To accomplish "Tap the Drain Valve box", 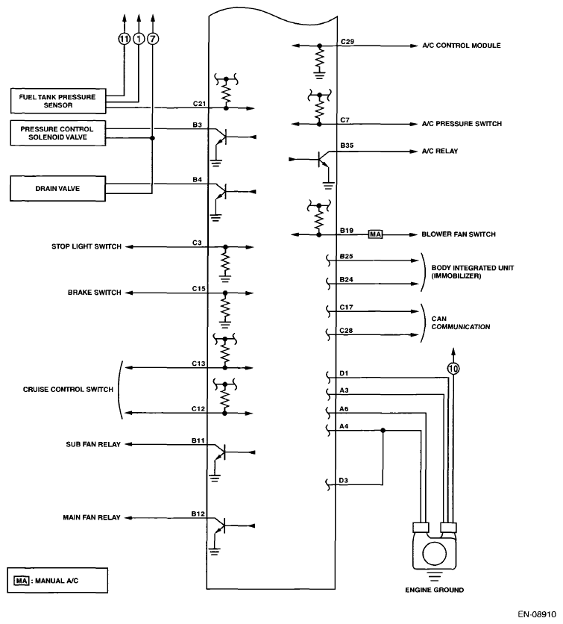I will (x=57, y=188).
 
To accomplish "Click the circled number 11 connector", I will (x=124, y=40).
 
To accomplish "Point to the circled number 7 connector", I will (x=153, y=40).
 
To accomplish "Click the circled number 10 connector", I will (x=453, y=367).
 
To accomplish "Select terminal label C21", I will (x=198, y=103).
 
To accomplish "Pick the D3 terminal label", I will (x=343, y=480).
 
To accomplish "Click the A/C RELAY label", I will (x=440, y=151).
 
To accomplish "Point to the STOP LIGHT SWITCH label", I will (x=86, y=246).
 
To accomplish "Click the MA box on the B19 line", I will (x=375, y=234).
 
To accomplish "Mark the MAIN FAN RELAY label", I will (x=92, y=517).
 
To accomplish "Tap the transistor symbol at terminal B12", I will (x=220, y=525).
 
